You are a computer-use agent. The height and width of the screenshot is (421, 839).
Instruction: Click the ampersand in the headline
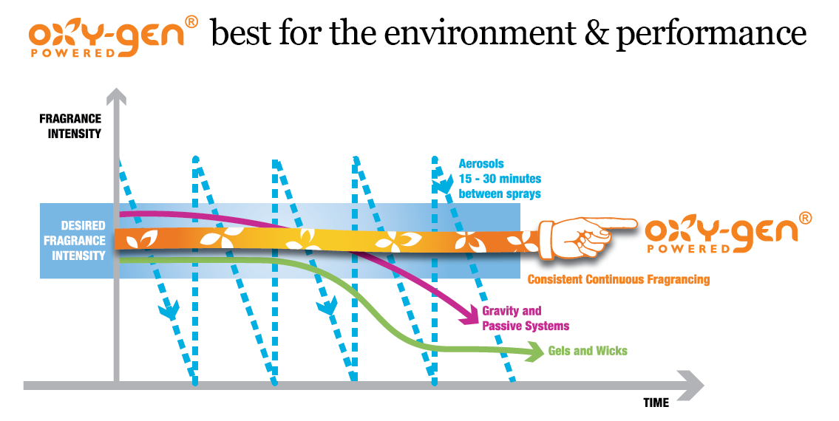click(x=595, y=33)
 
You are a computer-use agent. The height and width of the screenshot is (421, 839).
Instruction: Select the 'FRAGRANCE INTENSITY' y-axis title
click(x=70, y=126)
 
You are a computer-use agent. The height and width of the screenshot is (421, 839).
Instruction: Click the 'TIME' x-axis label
click(x=656, y=403)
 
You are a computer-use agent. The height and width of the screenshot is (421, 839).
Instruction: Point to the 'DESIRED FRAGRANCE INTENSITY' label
click(x=75, y=241)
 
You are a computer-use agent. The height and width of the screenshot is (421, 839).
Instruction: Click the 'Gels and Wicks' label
click(x=588, y=351)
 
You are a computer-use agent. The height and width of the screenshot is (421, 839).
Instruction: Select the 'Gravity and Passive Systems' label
click(x=526, y=318)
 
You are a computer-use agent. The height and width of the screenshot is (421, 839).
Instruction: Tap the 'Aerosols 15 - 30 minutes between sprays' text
click(x=500, y=179)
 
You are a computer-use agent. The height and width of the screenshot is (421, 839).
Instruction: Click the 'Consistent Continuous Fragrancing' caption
click(x=619, y=279)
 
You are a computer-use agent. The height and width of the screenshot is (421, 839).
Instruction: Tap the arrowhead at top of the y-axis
click(x=116, y=96)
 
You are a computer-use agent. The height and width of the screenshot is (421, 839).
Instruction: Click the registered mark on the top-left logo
click(x=191, y=22)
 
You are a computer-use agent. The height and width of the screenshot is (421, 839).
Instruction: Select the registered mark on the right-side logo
click(x=805, y=218)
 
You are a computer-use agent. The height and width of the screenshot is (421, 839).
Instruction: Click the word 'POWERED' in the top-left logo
click(x=72, y=53)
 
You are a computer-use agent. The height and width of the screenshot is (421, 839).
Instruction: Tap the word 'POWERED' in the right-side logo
click(x=689, y=249)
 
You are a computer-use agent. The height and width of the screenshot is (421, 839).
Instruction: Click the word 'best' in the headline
click(x=241, y=33)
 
